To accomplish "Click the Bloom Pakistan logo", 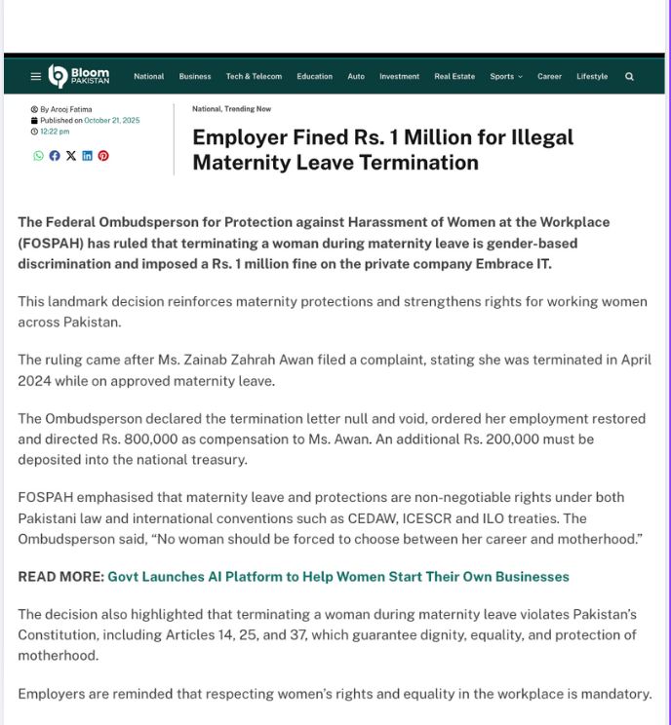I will pyautogui.click(x=79, y=76).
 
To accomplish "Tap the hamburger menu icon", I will pyautogui.click(x=36, y=76).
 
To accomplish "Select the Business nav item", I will pyautogui.click(x=195, y=76).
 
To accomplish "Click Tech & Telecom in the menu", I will pyautogui.click(x=254, y=76).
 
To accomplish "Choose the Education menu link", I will pyautogui.click(x=314, y=76).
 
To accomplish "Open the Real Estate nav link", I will pyautogui.click(x=454, y=76).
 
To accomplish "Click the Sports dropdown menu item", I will pyautogui.click(x=505, y=76).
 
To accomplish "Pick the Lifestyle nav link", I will pyautogui.click(x=592, y=76).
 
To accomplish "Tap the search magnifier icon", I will pyautogui.click(x=629, y=76).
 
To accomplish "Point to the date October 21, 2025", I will pyautogui.click(x=111, y=121).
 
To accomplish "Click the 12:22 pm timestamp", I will pyautogui.click(x=55, y=132).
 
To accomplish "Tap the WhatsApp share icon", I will pyautogui.click(x=38, y=156).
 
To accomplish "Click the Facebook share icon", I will pyautogui.click(x=55, y=156).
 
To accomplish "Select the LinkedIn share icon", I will pyautogui.click(x=87, y=156).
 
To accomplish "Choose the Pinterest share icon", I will pyautogui.click(x=103, y=156).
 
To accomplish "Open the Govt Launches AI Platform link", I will pyautogui.click(x=337, y=577).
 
